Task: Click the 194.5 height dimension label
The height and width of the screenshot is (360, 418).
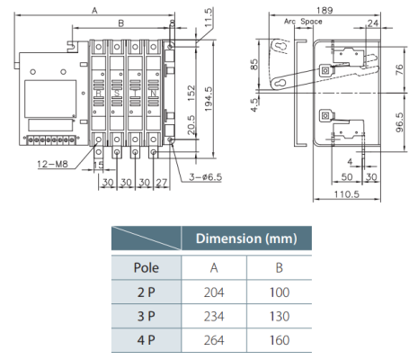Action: pyautogui.click(x=209, y=99)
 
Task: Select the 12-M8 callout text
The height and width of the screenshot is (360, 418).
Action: pyautogui.click(x=53, y=164)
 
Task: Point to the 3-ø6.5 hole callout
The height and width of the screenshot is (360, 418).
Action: pyautogui.click(x=206, y=177)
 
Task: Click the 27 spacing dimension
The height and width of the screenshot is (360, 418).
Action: pyautogui.click(x=162, y=183)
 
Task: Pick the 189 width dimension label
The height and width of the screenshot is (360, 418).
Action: pyautogui.click(x=325, y=11)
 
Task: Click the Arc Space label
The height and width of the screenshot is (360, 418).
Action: pyautogui.click(x=303, y=22)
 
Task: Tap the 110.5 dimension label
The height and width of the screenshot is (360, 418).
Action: pyautogui.click(x=347, y=194)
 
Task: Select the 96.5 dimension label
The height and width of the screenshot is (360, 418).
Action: pyautogui.click(x=399, y=122)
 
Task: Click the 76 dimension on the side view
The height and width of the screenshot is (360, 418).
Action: pyautogui.click(x=399, y=69)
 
